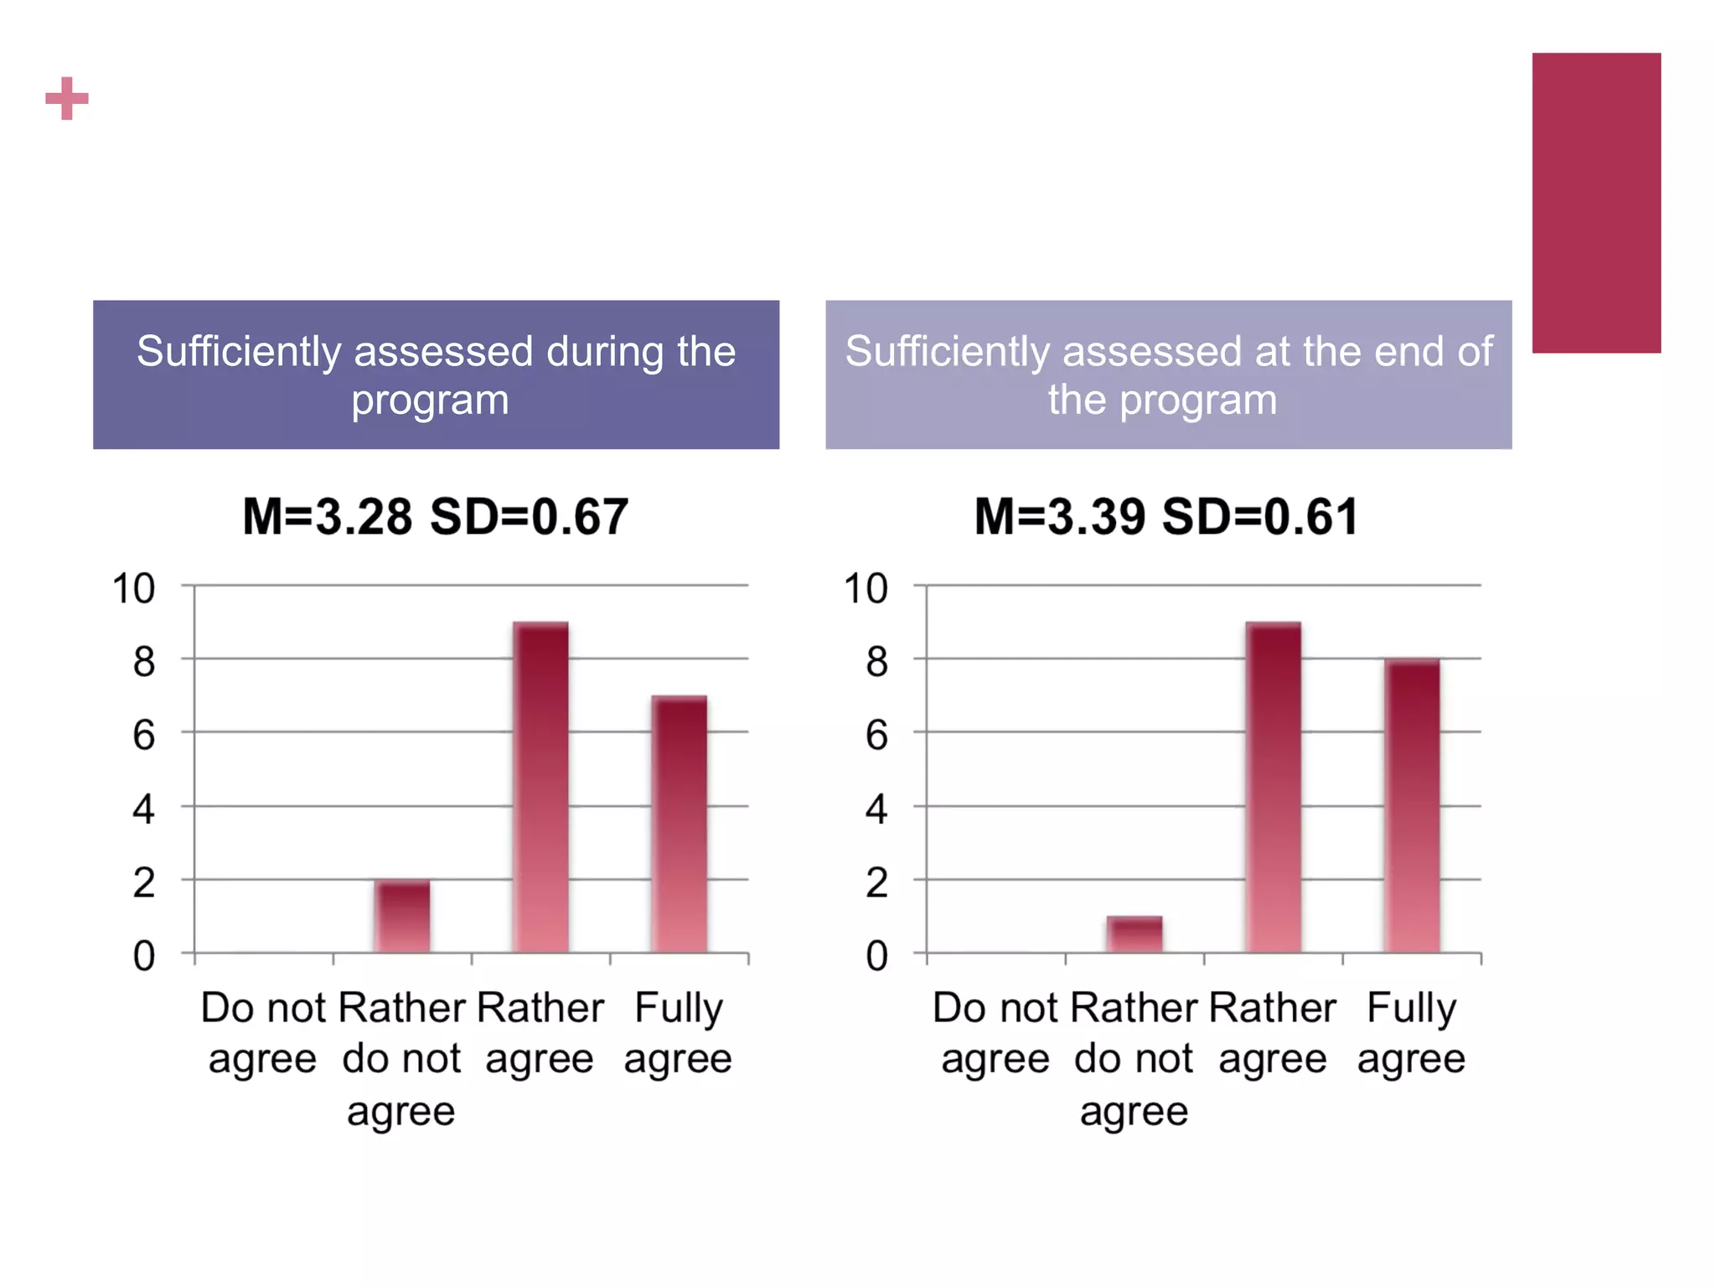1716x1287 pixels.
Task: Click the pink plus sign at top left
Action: point(67,99)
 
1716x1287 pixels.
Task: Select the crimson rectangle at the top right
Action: point(1595,203)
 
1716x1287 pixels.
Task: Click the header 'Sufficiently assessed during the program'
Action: point(436,375)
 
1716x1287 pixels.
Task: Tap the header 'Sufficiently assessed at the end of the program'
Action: point(1168,375)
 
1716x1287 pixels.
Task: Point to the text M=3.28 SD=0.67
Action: point(435,516)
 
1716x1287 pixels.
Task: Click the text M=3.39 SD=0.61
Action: point(1166,516)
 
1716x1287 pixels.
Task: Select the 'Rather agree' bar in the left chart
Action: point(540,788)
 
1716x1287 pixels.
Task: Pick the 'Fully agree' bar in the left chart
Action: point(679,824)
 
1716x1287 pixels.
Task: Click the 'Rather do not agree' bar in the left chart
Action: point(402,916)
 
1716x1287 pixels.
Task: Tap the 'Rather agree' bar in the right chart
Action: point(1273,788)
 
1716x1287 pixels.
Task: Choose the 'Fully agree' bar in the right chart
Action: point(1412,806)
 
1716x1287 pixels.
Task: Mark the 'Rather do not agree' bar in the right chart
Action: point(1134,934)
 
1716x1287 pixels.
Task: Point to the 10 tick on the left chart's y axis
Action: point(134,588)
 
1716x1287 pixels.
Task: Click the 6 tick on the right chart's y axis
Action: point(876,736)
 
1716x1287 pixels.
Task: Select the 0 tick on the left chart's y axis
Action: point(144,956)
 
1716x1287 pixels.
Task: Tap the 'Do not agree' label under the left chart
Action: point(262,1032)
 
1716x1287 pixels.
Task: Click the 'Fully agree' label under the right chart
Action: point(1411,1032)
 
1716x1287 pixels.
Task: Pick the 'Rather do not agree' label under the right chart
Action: point(1134,1058)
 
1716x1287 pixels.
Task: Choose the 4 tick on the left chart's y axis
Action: point(144,809)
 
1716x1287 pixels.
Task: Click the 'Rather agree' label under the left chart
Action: point(540,1032)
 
